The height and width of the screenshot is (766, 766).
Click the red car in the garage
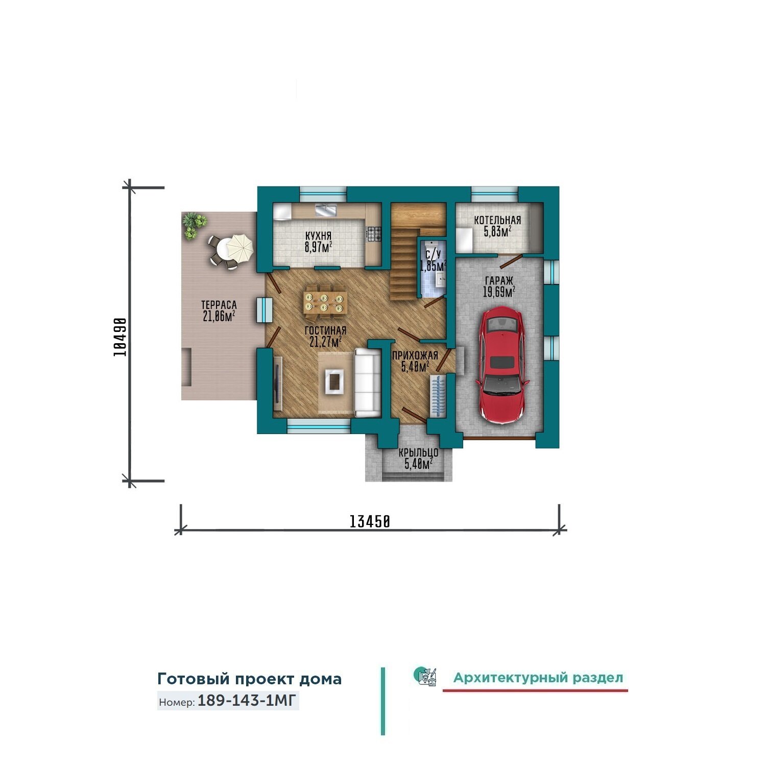502,365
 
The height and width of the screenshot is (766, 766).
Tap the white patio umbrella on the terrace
240,247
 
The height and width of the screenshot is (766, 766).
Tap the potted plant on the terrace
193,225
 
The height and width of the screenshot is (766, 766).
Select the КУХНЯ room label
318,236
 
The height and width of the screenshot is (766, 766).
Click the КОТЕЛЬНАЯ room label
497,220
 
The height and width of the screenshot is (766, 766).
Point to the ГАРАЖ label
499,280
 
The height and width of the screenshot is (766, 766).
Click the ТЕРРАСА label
219,305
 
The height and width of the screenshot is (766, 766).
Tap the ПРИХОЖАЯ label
415,356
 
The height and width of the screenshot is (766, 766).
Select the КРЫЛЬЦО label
418,453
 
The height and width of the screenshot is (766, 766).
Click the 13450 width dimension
370,521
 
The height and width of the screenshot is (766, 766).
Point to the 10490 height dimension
120,337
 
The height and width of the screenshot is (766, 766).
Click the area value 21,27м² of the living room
325,341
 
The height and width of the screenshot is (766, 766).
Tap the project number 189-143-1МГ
247,701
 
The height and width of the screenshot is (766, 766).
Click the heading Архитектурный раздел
538,678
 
